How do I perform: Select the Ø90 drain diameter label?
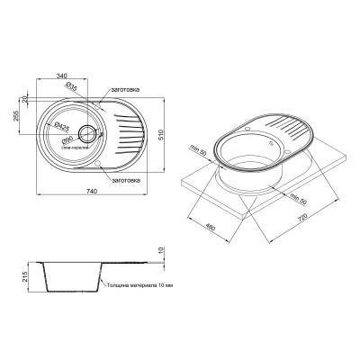coord(67,141)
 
